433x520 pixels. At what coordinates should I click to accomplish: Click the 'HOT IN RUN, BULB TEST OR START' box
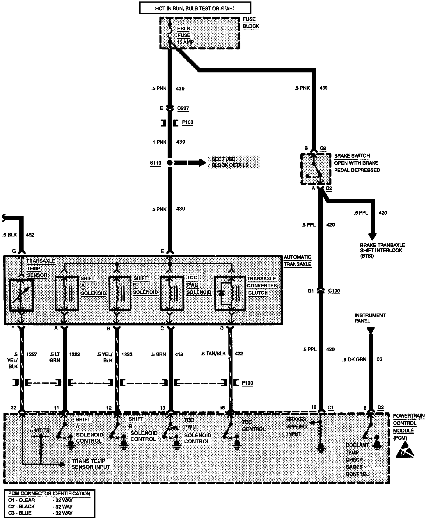pyautogui.click(x=195, y=8)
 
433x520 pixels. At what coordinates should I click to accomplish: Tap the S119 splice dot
pyautogui.click(x=170, y=163)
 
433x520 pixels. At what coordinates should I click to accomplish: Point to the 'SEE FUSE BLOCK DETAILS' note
pyautogui.click(x=230, y=162)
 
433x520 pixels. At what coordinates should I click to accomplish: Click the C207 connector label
pyautogui.click(x=183, y=108)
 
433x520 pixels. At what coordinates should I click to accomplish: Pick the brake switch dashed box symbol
pyautogui.click(x=315, y=169)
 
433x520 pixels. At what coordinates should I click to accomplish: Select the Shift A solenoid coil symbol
pyautogui.click(x=67, y=292)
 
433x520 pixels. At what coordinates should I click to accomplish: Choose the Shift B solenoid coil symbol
pyautogui.click(x=120, y=292)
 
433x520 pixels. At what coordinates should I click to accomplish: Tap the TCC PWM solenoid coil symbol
pyautogui.click(x=172, y=292)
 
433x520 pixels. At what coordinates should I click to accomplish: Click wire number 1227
pyautogui.click(x=32, y=355)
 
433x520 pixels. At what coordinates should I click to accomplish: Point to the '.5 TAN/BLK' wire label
pyautogui.click(x=213, y=354)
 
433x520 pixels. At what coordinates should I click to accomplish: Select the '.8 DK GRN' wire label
pyautogui.click(x=354, y=359)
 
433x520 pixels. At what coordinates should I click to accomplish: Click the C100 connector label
pyautogui.click(x=334, y=291)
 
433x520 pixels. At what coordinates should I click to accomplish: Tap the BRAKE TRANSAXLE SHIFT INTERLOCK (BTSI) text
pyautogui.click(x=382, y=250)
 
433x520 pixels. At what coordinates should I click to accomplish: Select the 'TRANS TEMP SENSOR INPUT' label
pyautogui.click(x=91, y=464)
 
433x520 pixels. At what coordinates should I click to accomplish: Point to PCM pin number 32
pyautogui.click(x=13, y=408)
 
